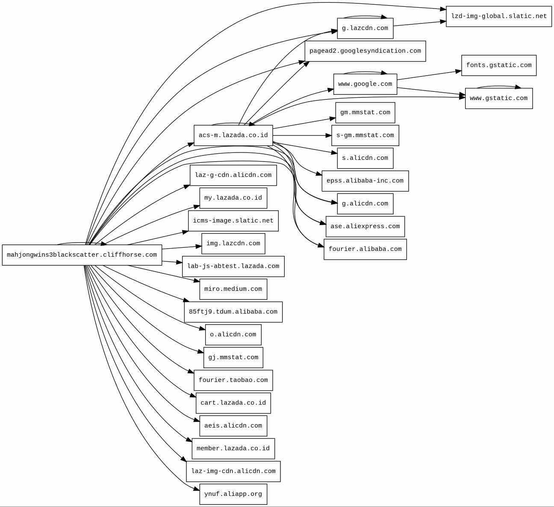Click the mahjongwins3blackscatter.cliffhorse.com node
click(x=82, y=255)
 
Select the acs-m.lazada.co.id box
click(x=233, y=135)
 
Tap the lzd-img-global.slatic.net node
click(x=499, y=17)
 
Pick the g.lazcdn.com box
click(x=365, y=28)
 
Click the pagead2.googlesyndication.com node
click(x=365, y=51)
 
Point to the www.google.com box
click(x=365, y=84)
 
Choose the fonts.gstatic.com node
click(x=499, y=65)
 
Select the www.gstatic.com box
click(x=499, y=98)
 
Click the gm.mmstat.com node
click(x=365, y=113)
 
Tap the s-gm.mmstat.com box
click(x=365, y=135)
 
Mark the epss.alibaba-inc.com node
click(x=365, y=181)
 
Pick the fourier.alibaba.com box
click(x=365, y=249)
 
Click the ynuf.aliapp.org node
click(x=233, y=494)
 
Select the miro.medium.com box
click(x=233, y=289)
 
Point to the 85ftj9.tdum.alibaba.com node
click(x=233, y=312)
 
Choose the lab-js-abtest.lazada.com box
click(x=233, y=266)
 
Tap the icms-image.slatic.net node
click(x=233, y=221)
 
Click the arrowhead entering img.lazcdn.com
click(x=199, y=246)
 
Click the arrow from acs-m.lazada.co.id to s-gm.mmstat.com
click(x=302, y=135)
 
